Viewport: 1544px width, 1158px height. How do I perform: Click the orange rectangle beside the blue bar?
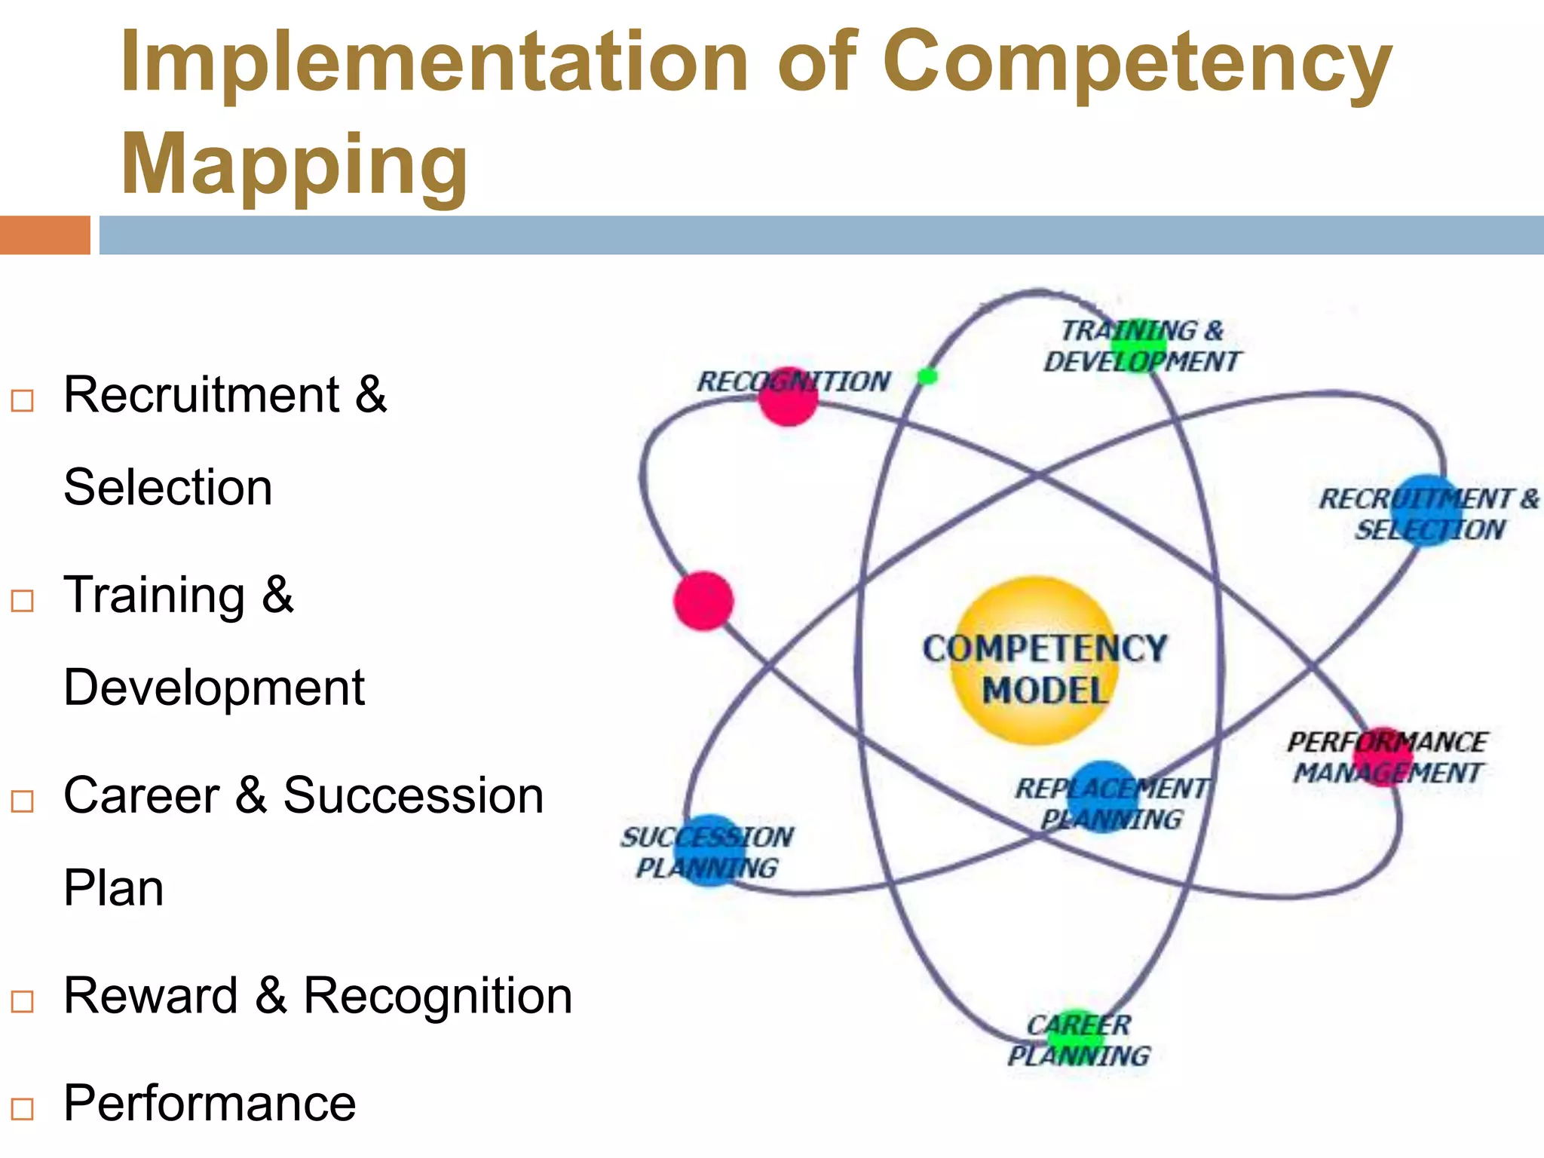(44, 235)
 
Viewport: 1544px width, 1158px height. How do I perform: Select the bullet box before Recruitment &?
(23, 400)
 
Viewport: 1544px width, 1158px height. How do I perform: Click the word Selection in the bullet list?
(167, 488)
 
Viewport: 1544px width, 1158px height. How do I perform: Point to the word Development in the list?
(214, 688)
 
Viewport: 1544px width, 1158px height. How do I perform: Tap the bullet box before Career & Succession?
(23, 801)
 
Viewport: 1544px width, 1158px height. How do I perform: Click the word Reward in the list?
(151, 996)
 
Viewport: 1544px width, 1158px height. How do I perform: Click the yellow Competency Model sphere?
(1037, 662)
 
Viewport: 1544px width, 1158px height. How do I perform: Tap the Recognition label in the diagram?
(793, 381)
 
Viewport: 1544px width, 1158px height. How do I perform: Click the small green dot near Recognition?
(927, 375)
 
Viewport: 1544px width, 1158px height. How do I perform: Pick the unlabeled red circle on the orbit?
(703, 601)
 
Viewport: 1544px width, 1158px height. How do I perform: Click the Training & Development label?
(1141, 346)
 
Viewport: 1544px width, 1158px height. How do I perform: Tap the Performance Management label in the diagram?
(1386, 757)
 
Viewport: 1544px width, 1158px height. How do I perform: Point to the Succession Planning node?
(709, 850)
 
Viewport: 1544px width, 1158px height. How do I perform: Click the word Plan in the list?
(113, 888)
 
